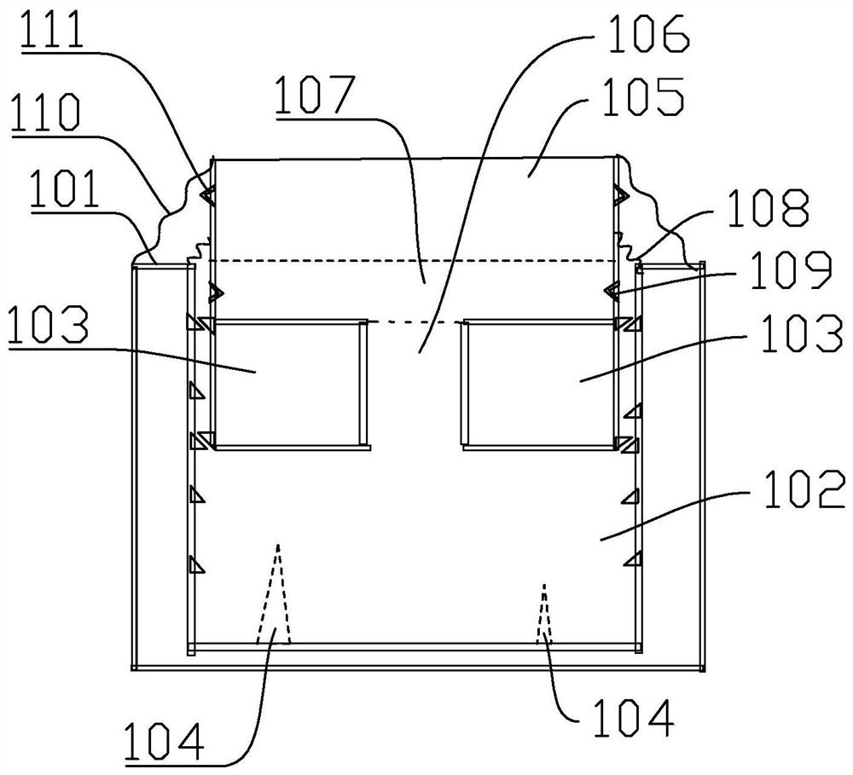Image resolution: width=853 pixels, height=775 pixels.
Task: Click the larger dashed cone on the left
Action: [x=275, y=605]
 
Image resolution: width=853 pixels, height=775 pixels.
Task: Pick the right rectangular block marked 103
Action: [x=537, y=382]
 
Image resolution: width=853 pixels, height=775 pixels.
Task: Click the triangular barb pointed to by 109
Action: [x=611, y=292]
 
